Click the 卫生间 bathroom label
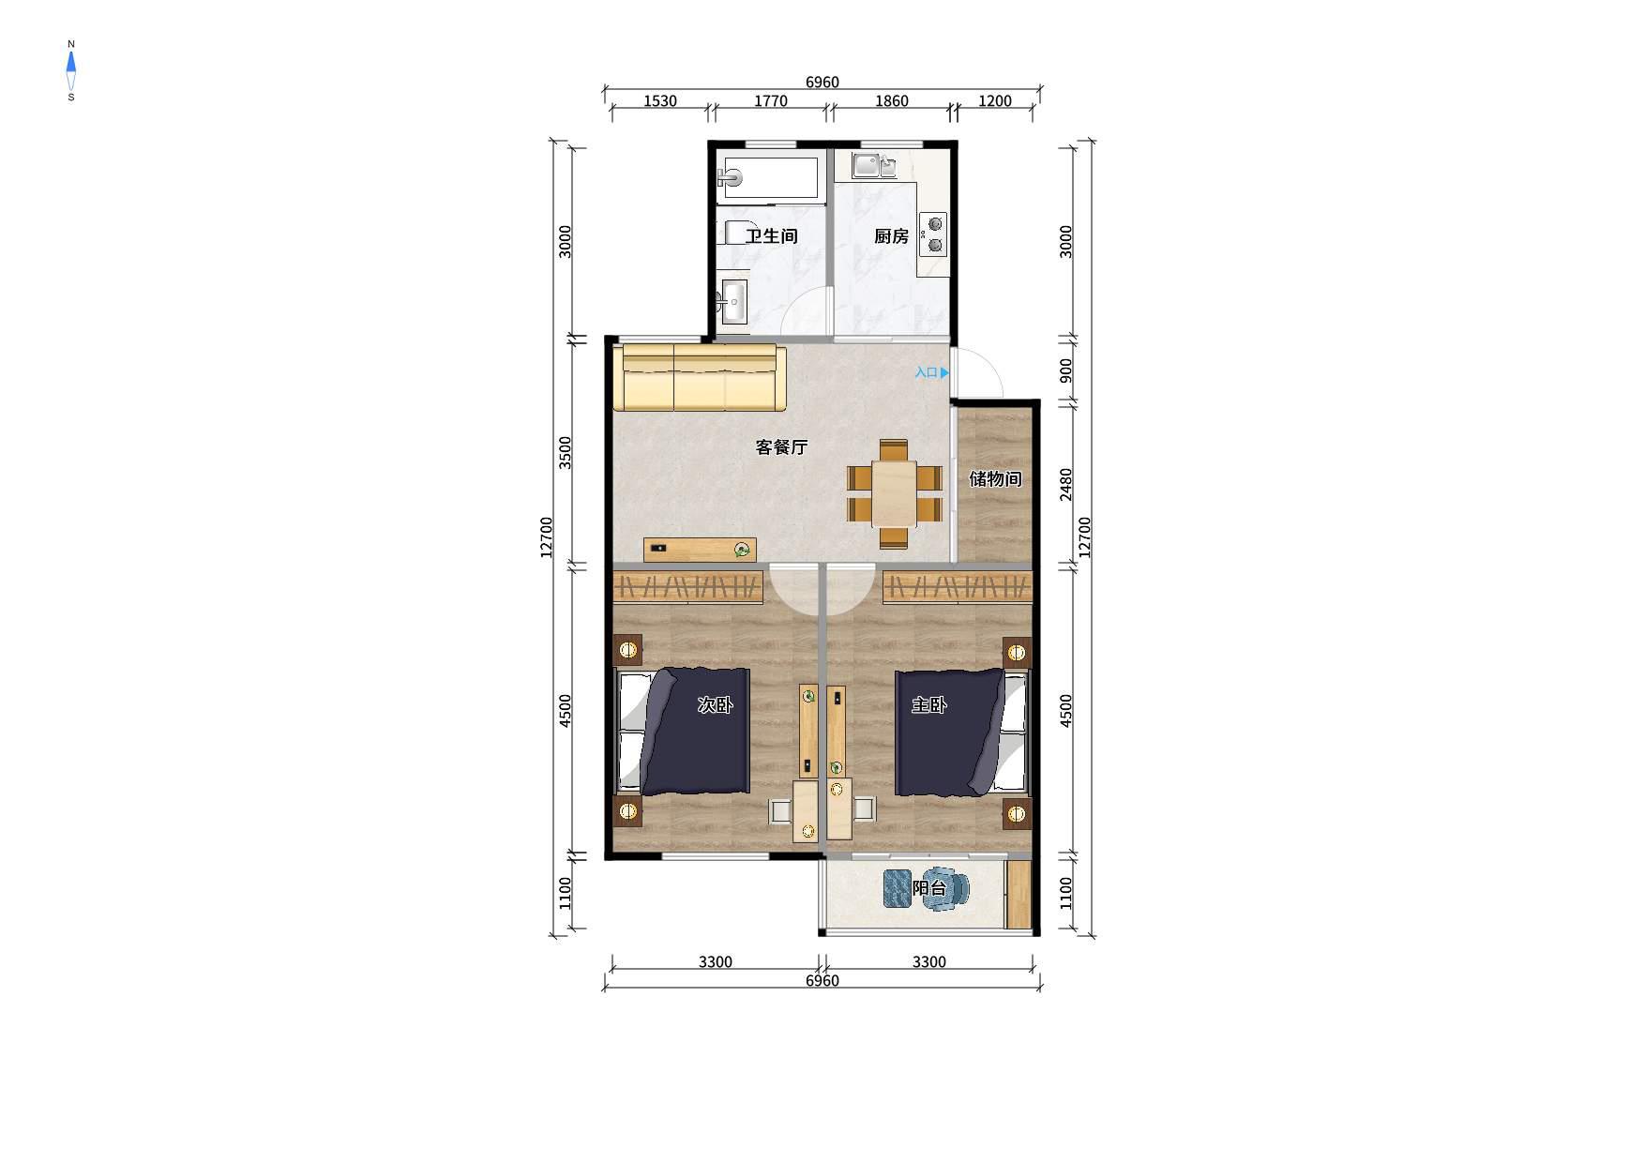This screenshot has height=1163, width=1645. (771, 236)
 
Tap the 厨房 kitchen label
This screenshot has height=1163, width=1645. (891, 236)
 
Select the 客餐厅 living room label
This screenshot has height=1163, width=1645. (781, 447)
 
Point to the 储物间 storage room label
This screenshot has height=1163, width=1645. (995, 479)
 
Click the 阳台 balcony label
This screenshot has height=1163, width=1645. (928, 887)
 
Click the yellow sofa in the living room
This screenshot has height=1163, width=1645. (700, 377)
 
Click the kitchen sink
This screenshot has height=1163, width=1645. (874, 166)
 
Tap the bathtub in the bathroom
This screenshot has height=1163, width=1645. (768, 178)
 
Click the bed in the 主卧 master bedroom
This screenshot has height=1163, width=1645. (961, 732)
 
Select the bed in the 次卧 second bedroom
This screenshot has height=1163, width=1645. (682, 732)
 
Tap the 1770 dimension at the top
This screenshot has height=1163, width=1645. (771, 101)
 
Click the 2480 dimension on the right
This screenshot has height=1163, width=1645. (1066, 484)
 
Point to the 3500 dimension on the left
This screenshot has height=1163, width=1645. (565, 453)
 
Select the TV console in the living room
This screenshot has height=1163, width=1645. (700, 550)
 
